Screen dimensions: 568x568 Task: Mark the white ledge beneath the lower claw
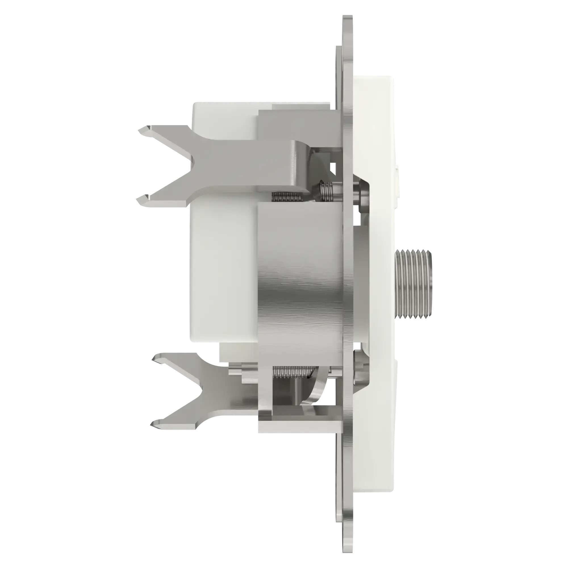click(x=297, y=428)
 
